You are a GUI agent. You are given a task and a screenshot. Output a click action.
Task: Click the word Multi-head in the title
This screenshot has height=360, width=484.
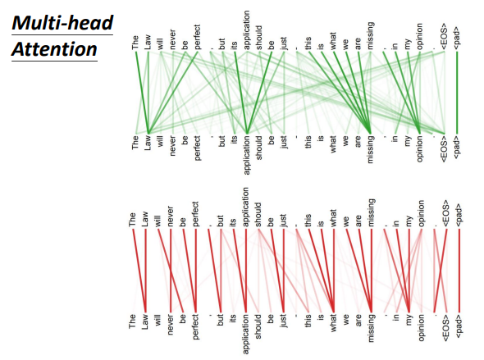62,23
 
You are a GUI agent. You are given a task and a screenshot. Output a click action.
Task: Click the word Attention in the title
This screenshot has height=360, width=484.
54,49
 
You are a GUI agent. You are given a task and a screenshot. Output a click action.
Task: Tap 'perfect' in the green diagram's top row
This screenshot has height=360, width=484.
198,37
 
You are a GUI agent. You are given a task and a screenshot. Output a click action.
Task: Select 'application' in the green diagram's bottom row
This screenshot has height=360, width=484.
247,155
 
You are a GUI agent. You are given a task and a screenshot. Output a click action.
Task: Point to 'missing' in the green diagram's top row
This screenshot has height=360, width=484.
371,35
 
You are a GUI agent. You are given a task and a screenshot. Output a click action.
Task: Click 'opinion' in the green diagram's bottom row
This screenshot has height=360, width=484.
420,148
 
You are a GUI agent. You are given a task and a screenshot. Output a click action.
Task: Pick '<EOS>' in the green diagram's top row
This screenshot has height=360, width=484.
445,36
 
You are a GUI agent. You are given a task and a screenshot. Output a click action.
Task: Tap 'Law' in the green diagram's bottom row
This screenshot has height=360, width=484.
148,143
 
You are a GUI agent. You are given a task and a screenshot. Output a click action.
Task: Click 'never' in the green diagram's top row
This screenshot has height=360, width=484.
173,39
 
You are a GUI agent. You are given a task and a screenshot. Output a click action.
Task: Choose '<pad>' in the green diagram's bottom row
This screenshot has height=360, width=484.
457,148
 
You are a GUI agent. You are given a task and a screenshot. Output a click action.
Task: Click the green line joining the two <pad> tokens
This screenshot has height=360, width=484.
457,93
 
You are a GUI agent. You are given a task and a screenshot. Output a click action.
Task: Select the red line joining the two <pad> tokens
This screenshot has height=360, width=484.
459,271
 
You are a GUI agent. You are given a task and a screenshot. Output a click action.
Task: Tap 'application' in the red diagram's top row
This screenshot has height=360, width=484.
246,207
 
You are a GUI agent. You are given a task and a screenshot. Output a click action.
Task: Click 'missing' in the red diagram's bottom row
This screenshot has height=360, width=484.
371,328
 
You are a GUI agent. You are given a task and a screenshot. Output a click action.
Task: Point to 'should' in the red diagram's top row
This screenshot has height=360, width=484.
258,215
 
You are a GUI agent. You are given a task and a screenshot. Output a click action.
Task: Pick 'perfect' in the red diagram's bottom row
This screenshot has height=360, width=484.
195,327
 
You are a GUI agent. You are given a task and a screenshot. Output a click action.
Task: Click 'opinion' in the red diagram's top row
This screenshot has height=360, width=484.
422,213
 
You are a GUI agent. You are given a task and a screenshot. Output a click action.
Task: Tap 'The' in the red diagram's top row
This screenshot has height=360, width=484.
132,220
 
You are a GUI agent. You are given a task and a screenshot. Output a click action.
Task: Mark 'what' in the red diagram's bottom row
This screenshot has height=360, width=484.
333,323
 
